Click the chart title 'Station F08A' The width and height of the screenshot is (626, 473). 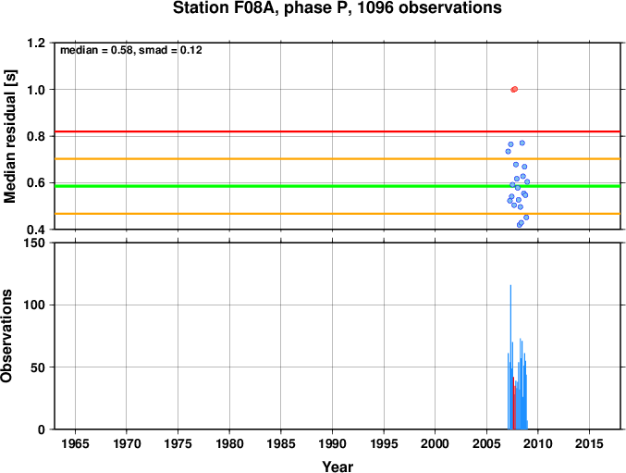[x=225, y=7]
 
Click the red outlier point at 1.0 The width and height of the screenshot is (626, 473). [x=514, y=89]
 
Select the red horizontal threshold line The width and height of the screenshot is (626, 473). [x=338, y=131]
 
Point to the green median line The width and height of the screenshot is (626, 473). [x=338, y=186]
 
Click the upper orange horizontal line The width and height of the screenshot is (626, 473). [x=338, y=159]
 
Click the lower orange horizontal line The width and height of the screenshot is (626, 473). [x=338, y=214]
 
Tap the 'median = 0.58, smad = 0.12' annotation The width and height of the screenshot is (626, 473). [x=131, y=50]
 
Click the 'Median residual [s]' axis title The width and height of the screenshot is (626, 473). [x=9, y=136]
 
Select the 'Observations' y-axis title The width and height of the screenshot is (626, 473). [x=6, y=336]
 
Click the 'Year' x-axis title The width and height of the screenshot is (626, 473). [x=338, y=467]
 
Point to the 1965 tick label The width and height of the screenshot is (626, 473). [x=75, y=443]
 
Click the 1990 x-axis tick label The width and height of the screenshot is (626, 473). [x=332, y=443]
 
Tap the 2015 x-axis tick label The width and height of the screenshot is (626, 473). [x=589, y=443]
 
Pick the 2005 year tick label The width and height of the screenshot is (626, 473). [x=486, y=443]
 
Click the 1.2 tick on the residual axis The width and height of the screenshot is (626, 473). [x=36, y=43]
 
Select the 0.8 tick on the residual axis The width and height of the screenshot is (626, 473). [x=36, y=136]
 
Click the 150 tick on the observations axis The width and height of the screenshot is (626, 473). [x=35, y=243]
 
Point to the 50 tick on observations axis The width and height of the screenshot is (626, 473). [x=38, y=367]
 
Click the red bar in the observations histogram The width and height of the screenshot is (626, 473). [x=514, y=403]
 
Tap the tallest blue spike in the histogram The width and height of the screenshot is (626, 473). [x=510, y=357]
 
